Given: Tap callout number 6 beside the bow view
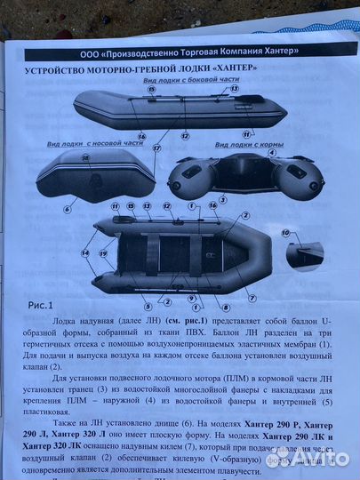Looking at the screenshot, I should [66, 210].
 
